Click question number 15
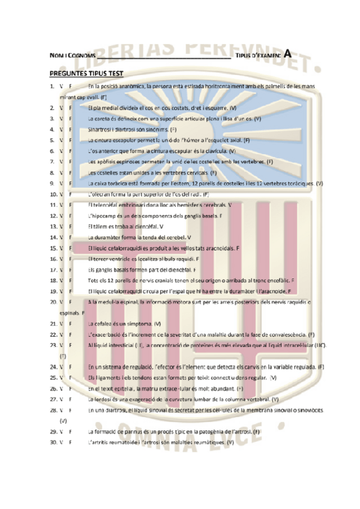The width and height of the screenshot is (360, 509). point(53,248)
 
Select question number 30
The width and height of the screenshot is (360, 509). point(53,442)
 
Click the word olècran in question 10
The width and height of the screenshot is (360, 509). point(100,194)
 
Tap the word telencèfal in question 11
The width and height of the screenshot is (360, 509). point(108,205)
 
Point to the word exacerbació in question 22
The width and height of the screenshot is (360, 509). point(107,334)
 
